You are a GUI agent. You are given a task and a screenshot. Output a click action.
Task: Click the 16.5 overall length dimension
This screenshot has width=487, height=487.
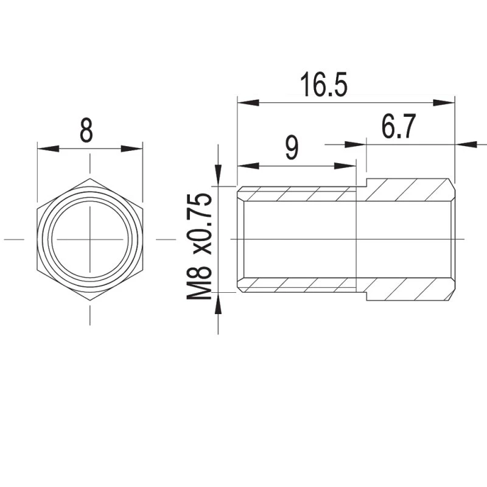pos(324,85)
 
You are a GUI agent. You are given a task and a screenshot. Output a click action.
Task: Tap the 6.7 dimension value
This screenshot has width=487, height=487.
pos(398,127)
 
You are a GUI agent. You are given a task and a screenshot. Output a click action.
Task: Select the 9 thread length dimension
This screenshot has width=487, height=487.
pos(292,148)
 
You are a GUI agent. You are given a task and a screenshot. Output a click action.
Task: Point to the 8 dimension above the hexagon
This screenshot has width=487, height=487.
pos(86,130)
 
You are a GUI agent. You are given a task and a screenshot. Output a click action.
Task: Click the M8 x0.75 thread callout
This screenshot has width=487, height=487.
pos(199,247)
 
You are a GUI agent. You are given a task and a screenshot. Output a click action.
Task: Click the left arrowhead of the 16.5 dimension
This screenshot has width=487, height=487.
pos(248,102)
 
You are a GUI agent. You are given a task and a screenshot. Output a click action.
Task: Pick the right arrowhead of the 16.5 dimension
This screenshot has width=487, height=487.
pos(444,102)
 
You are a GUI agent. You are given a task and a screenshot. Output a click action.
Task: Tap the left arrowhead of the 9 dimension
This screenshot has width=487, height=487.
pos(248,166)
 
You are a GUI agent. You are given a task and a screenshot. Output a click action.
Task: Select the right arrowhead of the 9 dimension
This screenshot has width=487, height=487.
pos(345,166)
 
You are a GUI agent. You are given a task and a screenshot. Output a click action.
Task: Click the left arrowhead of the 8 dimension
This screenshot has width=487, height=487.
pos(48,149)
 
